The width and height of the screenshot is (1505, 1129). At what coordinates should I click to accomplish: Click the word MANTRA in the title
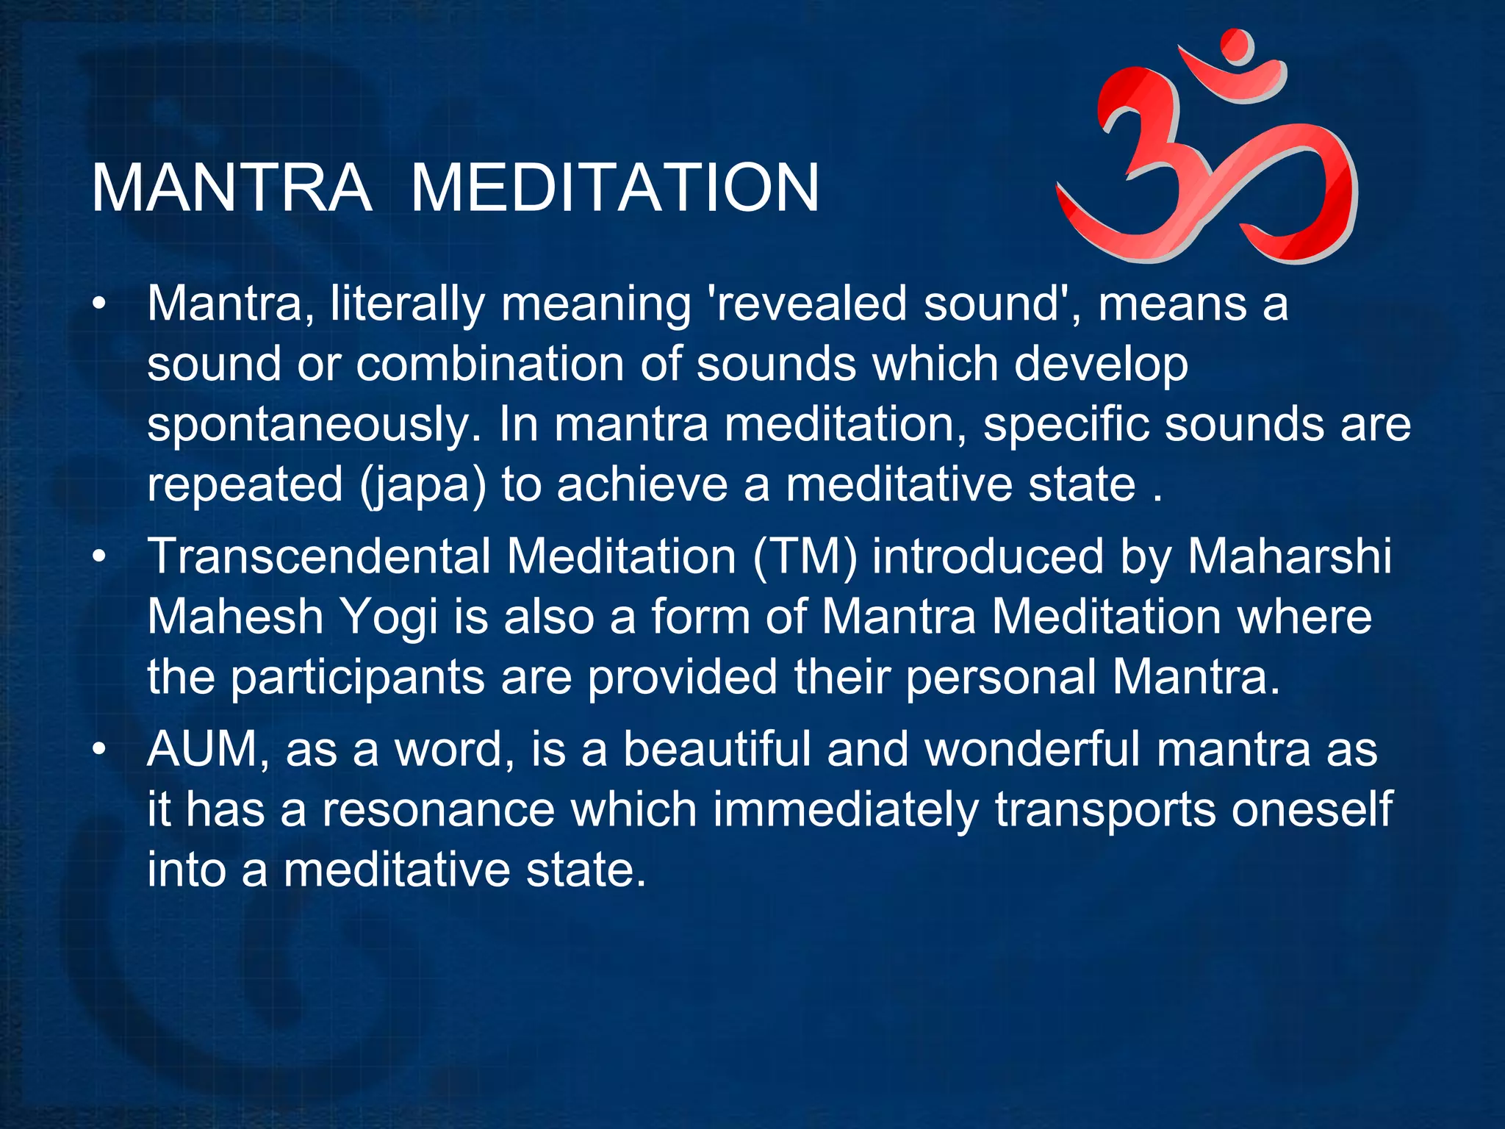pos(231,189)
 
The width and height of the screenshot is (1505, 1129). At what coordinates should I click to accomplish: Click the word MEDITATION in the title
pos(614,189)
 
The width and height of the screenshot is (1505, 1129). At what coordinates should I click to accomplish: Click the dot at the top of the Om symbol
pos(1237,46)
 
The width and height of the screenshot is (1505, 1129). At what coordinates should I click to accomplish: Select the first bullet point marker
pos(100,304)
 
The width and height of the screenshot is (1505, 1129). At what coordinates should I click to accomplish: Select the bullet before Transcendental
pos(100,556)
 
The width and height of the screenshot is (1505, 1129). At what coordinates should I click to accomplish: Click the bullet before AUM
pos(100,750)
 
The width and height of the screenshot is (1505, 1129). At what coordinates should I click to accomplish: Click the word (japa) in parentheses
pos(423,485)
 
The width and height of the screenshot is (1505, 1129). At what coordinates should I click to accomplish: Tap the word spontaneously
pos(315,425)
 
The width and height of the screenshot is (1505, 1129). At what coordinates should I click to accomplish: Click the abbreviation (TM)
pos(805,556)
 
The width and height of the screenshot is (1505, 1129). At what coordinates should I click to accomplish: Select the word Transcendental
pos(320,556)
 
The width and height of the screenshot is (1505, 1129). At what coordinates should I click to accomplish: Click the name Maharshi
pos(1290,556)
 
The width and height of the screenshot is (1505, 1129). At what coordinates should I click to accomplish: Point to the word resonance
pos(438,810)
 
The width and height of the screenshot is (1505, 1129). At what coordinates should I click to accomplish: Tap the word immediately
pos(846,810)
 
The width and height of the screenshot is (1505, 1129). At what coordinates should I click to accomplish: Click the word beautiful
pos(716,750)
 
